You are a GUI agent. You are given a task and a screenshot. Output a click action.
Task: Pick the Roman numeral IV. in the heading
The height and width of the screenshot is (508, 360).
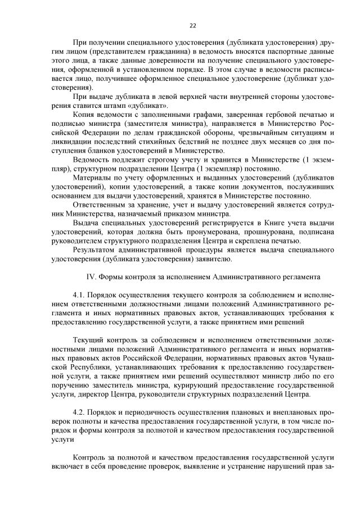92,276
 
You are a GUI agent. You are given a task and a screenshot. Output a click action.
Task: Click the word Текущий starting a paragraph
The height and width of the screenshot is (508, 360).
89,340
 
